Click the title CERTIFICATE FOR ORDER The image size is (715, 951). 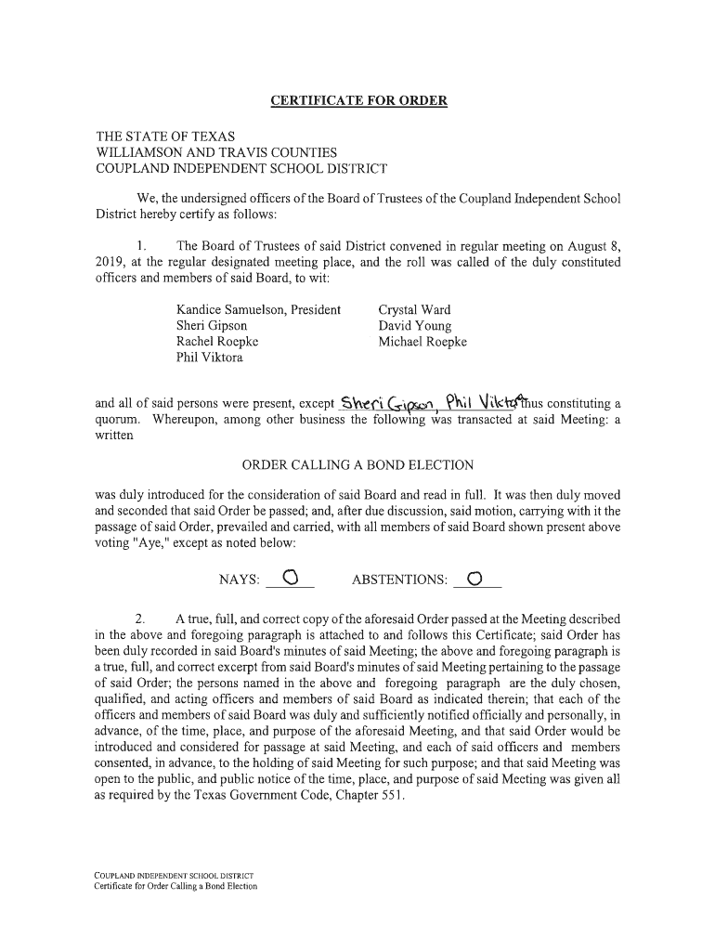[358, 99]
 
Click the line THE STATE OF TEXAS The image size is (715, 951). [166, 136]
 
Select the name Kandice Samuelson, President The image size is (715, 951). [258, 309]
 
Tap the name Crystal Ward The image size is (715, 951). [414, 309]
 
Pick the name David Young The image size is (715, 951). [414, 326]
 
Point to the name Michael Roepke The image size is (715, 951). [422, 342]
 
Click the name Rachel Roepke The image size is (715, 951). [217, 342]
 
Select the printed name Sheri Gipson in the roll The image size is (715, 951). [212, 326]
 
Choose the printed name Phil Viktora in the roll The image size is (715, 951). [210, 358]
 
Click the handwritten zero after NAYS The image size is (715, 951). [290, 580]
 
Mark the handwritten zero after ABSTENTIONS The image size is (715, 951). [475, 580]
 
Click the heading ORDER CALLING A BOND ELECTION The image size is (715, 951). [357, 464]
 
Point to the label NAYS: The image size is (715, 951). [239, 580]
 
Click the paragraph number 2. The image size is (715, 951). [140, 619]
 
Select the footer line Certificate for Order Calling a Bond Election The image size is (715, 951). [175, 886]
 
